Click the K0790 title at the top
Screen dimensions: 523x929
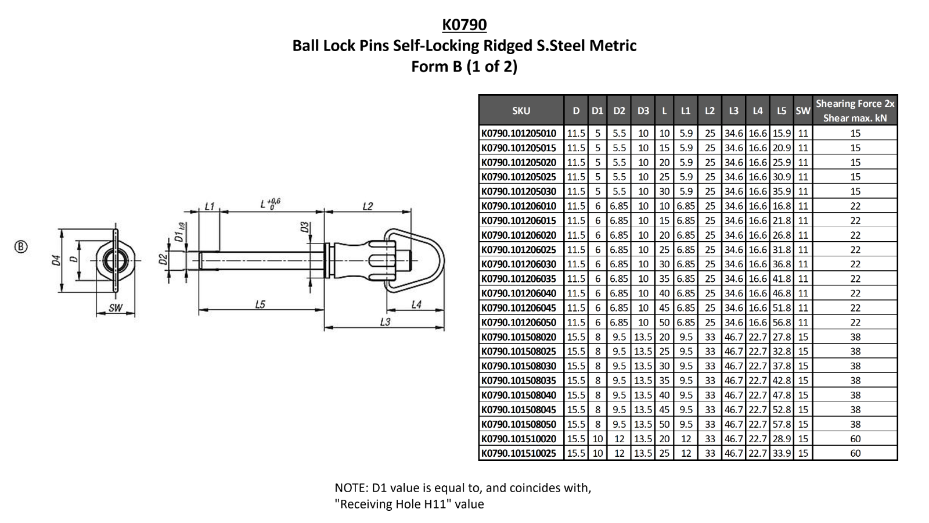click(x=464, y=24)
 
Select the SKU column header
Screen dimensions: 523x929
click(x=521, y=110)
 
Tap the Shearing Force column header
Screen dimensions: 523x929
click(x=855, y=110)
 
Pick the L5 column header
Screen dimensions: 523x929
click(x=782, y=110)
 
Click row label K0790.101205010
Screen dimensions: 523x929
click(x=518, y=133)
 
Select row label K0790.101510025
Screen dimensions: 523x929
click(x=518, y=453)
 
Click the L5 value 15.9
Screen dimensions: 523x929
click(x=782, y=133)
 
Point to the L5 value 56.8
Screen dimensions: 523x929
click(x=782, y=323)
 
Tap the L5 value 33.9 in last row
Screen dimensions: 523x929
click(x=782, y=453)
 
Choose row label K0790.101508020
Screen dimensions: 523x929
click(x=518, y=337)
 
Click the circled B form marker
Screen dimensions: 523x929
click(x=21, y=246)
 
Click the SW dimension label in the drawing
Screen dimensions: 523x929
click(x=116, y=308)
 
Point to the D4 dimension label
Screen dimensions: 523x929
click(x=56, y=260)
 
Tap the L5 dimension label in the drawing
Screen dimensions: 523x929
click(x=260, y=304)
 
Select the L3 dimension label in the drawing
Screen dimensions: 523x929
click(x=385, y=321)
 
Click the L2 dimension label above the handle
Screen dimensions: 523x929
click(x=367, y=206)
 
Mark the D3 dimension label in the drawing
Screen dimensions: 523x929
click(x=304, y=227)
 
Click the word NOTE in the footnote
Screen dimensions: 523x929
click(x=351, y=488)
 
